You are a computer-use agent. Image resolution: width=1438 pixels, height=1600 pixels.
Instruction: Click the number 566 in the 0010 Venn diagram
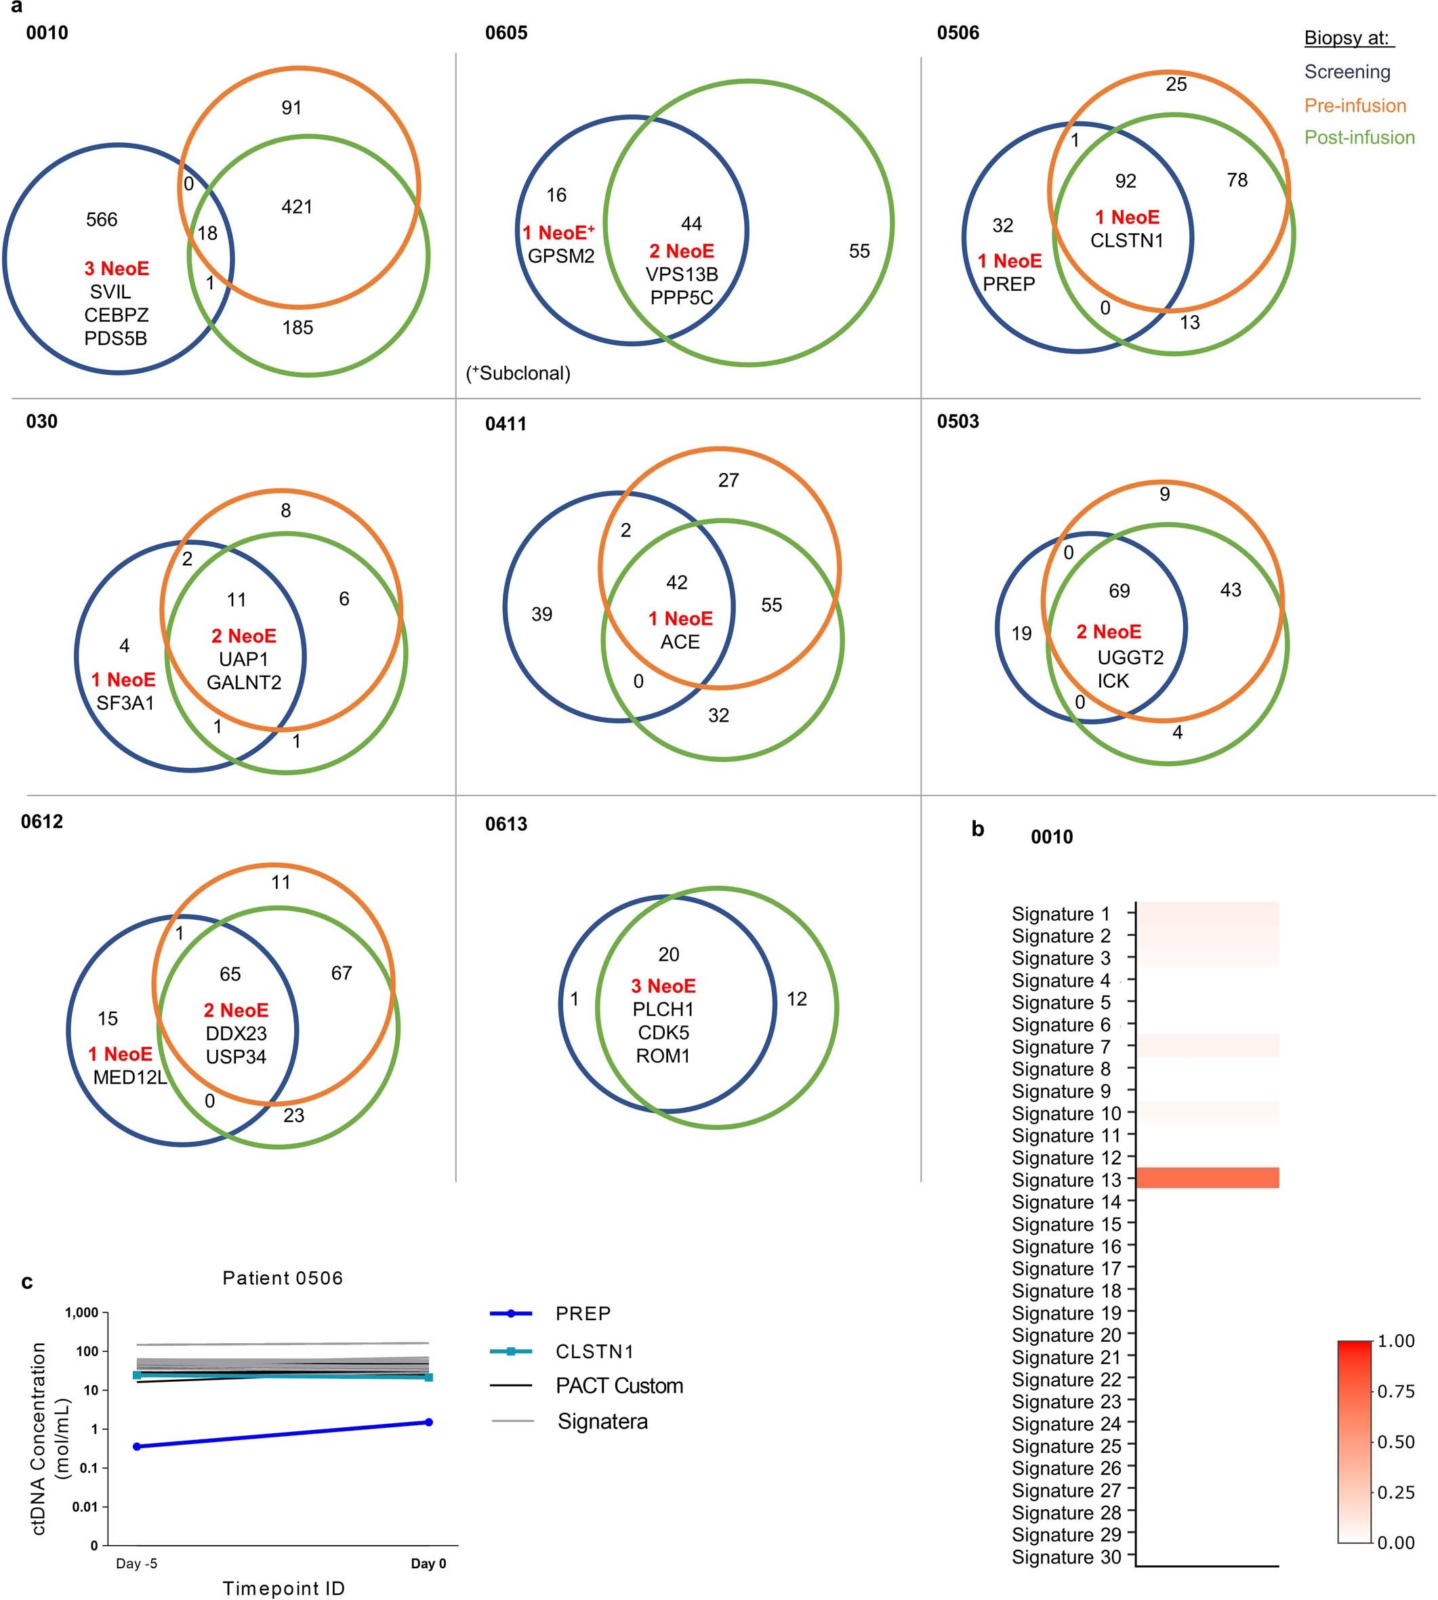[x=101, y=220]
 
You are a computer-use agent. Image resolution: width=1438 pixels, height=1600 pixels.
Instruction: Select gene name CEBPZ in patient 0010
[x=116, y=315]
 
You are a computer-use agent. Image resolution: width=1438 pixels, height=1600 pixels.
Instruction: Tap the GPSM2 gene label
[x=561, y=256]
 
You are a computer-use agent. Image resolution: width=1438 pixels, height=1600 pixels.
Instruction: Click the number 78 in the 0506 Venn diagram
[x=1237, y=180]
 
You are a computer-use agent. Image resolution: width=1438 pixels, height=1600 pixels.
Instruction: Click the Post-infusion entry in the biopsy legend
[x=1358, y=138]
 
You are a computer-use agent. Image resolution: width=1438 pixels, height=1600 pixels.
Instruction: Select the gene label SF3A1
[x=125, y=703]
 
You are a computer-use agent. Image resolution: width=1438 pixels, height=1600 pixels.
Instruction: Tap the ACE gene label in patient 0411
[x=680, y=642]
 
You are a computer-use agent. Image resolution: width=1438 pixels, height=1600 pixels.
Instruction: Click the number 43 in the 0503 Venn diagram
[x=1230, y=590]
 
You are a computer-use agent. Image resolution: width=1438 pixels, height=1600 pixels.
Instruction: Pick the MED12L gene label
[x=129, y=1077]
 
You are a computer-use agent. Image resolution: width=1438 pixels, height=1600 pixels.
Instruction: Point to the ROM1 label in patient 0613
[x=663, y=1056]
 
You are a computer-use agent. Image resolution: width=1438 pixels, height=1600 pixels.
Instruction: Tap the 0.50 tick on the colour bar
[x=1395, y=1441]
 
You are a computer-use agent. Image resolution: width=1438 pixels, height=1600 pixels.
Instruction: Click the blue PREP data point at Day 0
[x=429, y=1422]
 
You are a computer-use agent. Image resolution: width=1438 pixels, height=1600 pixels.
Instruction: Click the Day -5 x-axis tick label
[x=137, y=1563]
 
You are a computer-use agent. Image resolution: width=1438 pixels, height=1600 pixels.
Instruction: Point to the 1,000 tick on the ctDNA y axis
[x=81, y=1313]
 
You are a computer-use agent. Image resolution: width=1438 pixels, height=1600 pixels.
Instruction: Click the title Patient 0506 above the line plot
[x=283, y=1277]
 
